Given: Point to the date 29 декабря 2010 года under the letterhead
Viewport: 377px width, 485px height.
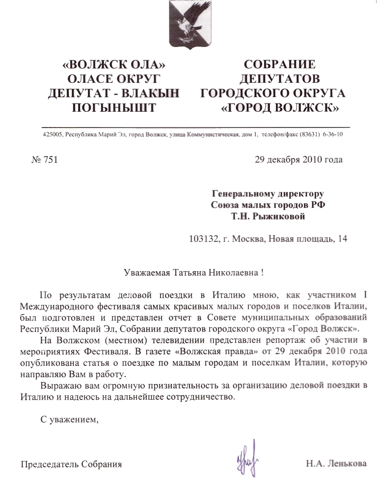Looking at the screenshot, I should coord(298,159).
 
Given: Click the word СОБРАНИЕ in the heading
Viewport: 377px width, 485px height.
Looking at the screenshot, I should coord(279,64).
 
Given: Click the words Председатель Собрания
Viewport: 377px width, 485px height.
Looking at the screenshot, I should coord(71,464).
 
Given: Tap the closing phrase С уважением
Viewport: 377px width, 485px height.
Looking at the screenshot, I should coord(67,419).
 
